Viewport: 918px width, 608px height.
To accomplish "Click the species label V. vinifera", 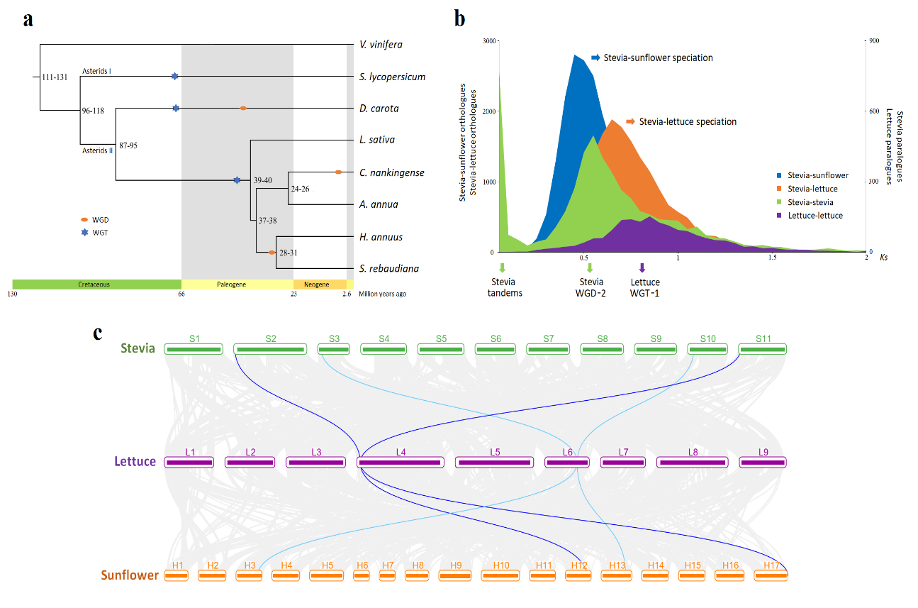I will click(x=381, y=45).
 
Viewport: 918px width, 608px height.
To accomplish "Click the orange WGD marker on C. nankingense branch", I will click(x=338, y=172).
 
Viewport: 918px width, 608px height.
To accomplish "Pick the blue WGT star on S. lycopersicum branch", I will click(x=174, y=76).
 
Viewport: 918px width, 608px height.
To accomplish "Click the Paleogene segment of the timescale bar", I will click(x=237, y=284).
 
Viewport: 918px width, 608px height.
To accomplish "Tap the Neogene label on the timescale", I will click(x=316, y=284).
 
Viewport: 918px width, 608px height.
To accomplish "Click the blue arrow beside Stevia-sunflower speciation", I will click(x=595, y=57).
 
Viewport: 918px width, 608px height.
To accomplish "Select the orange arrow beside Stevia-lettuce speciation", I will click(x=630, y=121).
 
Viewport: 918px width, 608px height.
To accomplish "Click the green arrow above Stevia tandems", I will click(x=503, y=267).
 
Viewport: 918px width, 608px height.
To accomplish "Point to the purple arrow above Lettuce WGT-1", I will click(x=642, y=267).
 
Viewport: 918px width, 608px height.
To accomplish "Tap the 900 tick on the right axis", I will click(x=873, y=41).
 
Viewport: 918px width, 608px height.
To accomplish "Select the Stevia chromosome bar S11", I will click(x=762, y=349).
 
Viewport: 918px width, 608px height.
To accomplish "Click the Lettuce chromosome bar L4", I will click(x=401, y=463).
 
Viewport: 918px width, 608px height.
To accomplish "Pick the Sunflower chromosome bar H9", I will click(x=455, y=575).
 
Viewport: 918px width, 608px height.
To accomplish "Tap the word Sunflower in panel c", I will click(x=130, y=575).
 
